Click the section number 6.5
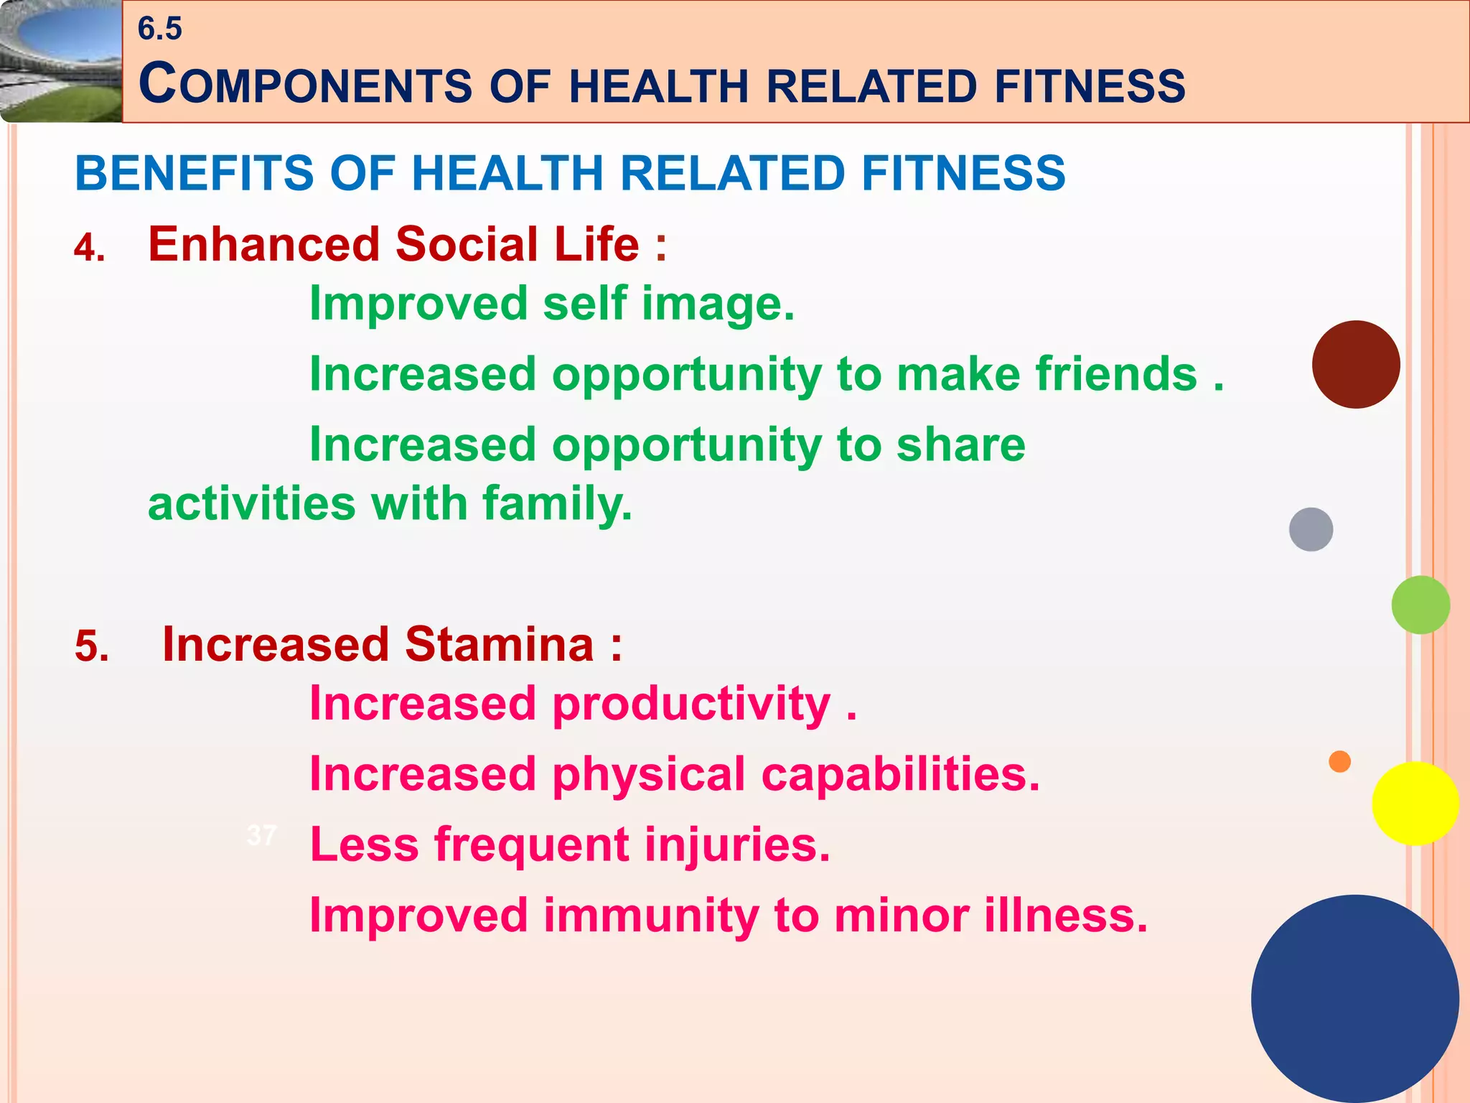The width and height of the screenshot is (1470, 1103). [159, 29]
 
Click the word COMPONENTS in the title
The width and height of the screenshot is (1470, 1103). [305, 85]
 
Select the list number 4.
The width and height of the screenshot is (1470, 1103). [89, 248]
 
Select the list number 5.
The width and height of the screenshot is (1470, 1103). [92, 646]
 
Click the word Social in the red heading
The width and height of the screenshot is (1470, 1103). [467, 244]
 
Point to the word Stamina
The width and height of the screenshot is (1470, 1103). [500, 644]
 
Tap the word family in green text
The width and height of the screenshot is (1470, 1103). [557, 503]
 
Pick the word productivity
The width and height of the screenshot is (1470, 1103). [691, 704]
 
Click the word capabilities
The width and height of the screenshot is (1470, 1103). [900, 774]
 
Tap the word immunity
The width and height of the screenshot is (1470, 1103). [650, 916]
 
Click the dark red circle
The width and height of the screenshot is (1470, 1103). [1355, 365]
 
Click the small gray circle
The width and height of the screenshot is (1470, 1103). [1311, 529]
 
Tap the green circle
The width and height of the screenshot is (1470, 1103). [1420, 605]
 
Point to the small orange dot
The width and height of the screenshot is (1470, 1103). [1339, 761]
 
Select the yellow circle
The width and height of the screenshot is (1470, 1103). [1415, 804]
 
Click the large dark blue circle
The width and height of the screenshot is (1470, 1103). [1354, 998]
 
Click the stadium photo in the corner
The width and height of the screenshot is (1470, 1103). [60, 61]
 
